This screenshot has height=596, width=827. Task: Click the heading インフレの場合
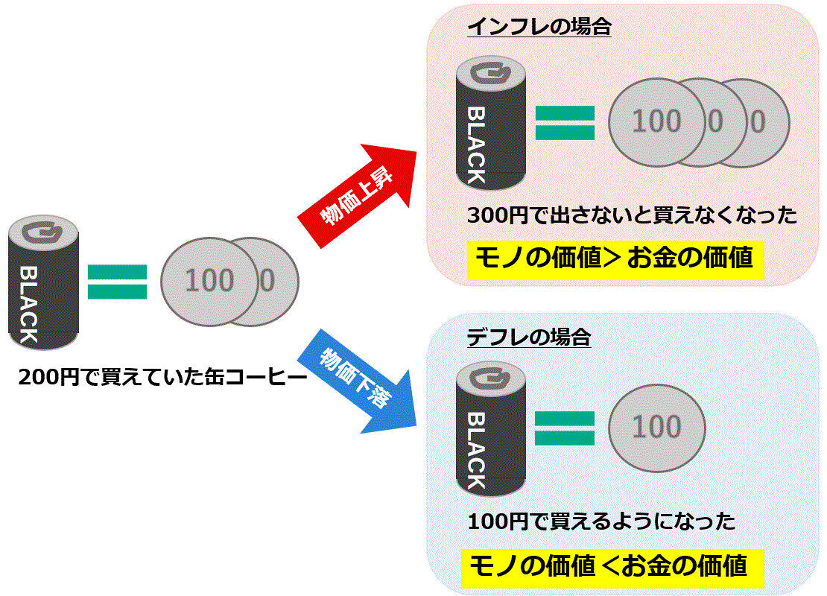click(x=539, y=28)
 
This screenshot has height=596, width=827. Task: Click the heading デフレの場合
click(x=529, y=337)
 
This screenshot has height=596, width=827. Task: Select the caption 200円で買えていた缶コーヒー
click(x=162, y=378)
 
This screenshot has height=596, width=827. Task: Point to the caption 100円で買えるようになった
click(x=601, y=521)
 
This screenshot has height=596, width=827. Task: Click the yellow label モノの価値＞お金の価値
click(x=615, y=259)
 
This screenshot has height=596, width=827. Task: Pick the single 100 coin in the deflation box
click(x=656, y=427)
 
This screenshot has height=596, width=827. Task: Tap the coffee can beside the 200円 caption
click(x=43, y=283)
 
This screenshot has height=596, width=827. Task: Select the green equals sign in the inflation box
click(x=565, y=124)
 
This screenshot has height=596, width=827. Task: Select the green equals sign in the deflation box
click(x=565, y=428)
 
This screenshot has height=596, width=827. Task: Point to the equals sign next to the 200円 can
click(x=117, y=282)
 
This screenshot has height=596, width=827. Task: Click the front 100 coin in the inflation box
click(x=656, y=121)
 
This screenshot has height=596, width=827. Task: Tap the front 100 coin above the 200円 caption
click(x=209, y=281)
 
